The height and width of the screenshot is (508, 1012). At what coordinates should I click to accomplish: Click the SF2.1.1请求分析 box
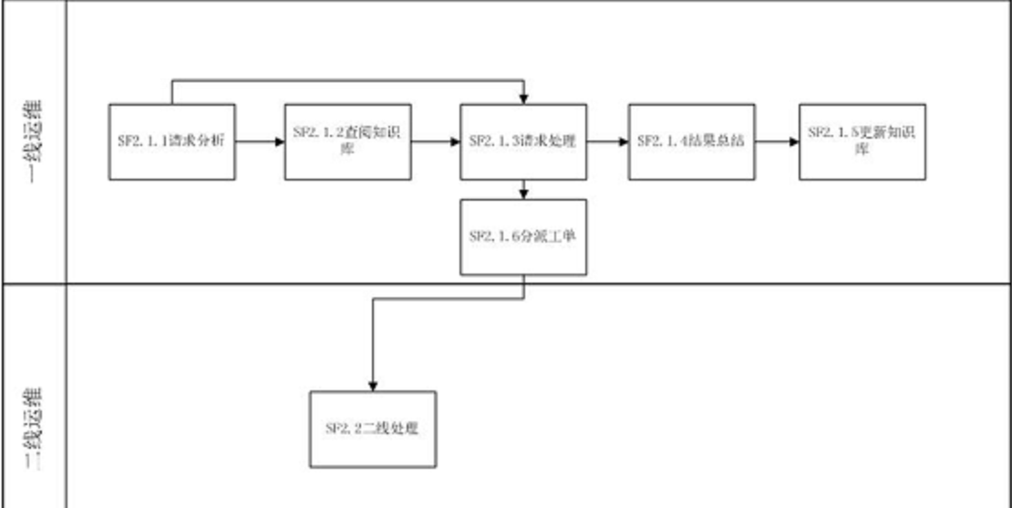pos(172,141)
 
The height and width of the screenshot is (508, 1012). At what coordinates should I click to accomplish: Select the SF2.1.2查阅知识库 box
pos(348,141)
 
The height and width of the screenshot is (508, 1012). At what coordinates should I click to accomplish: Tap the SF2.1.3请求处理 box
pos(523,141)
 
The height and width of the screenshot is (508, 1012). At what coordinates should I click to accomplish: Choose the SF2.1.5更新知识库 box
pos(862,141)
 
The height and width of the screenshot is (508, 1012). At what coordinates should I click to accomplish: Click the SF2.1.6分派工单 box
pos(523,236)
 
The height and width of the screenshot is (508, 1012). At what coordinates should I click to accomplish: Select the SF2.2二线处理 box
pos(373,429)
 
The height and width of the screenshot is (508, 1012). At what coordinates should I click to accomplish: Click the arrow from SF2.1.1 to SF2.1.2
pos(260,141)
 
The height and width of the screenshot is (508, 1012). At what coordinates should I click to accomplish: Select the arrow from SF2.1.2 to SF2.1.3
pos(436,141)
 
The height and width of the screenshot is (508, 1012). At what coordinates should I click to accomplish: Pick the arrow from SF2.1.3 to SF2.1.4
pos(607,141)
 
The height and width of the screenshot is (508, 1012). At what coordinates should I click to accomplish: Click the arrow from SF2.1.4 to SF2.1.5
pos(778,141)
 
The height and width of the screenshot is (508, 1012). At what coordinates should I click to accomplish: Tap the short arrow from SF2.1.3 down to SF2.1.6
pos(523,188)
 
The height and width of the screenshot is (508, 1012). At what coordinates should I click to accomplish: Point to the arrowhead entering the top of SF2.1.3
pos(523,97)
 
